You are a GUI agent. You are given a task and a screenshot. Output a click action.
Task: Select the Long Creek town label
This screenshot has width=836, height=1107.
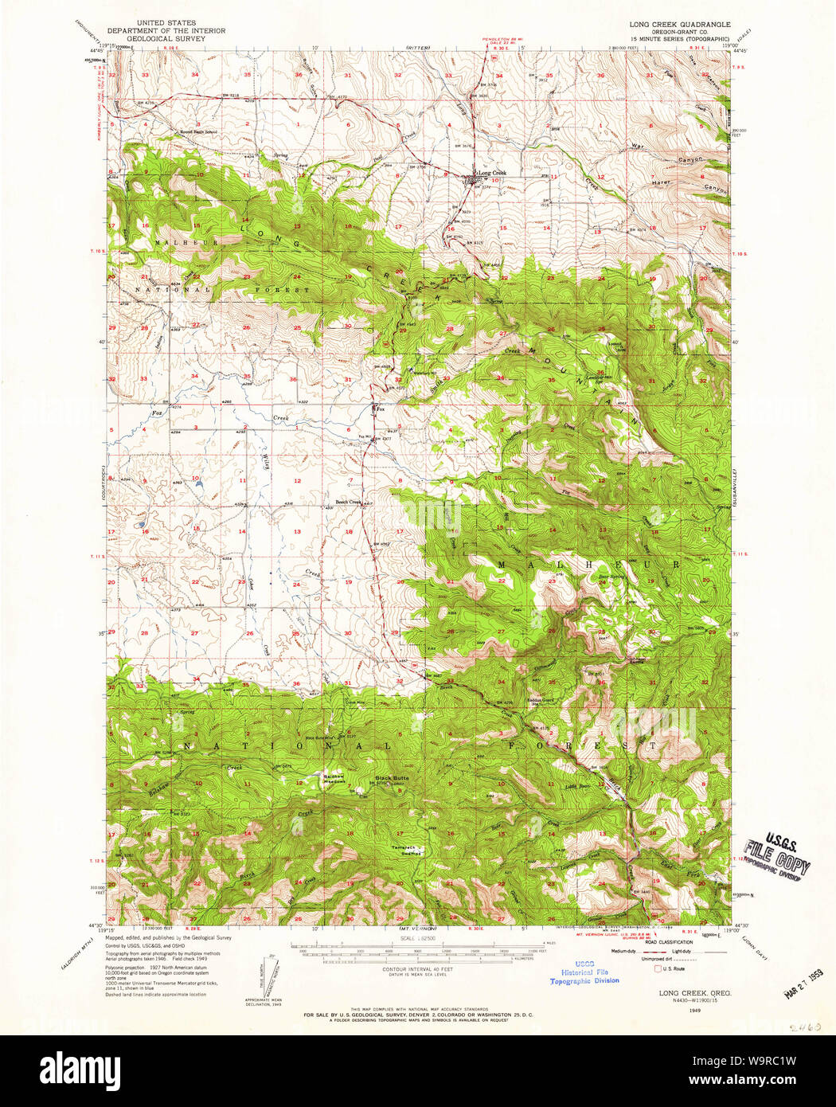pyautogui.click(x=491, y=173)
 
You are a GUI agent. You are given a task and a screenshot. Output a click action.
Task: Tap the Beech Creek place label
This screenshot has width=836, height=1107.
pyautogui.click(x=348, y=502)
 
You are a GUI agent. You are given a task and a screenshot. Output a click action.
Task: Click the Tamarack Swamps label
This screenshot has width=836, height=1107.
pyautogui.click(x=404, y=849)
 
